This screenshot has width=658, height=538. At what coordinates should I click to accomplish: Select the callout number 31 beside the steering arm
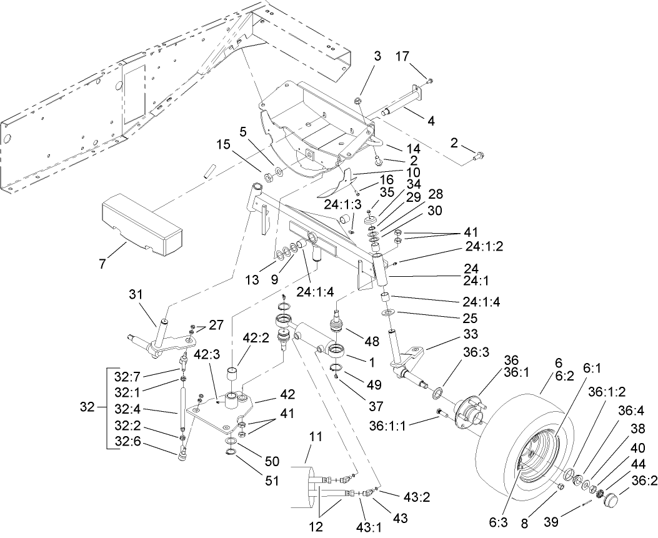[x=136, y=294]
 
